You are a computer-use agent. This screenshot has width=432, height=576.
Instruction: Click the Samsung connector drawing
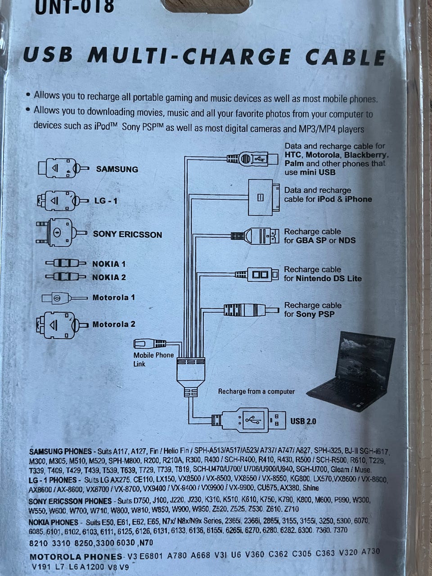64,168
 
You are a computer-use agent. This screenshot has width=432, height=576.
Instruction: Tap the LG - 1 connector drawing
63,201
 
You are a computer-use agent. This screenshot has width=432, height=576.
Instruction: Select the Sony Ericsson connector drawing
61,232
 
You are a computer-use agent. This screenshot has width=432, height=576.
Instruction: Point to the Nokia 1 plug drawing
66,263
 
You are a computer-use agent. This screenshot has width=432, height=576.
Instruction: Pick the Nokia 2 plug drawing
66,276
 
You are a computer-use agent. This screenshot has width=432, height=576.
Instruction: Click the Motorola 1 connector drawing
64,298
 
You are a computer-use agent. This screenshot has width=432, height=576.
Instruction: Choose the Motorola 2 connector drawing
62,325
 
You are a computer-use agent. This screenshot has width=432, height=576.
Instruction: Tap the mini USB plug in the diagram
252,158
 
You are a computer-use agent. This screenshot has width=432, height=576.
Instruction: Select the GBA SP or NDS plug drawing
255,236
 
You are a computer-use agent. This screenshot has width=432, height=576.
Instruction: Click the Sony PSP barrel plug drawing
251,310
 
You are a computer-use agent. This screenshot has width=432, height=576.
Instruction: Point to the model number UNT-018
75,7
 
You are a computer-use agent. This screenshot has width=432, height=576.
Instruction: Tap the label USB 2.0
303,421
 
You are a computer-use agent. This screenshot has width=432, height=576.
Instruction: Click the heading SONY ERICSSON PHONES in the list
70,501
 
